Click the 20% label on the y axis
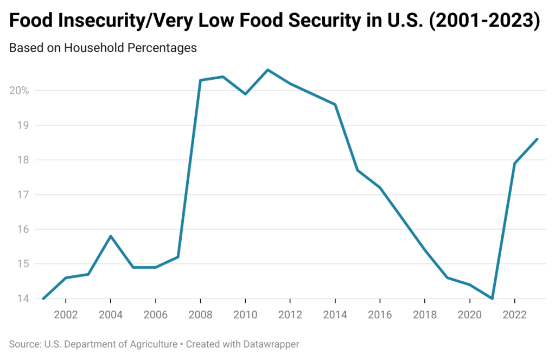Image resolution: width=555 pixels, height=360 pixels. point(20,90)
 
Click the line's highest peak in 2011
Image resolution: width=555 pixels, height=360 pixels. point(267,70)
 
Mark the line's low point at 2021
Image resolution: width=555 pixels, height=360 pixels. point(492,299)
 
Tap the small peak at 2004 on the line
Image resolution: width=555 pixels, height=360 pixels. point(111,236)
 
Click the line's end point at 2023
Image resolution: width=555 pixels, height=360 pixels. point(537,139)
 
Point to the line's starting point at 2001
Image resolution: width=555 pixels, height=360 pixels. point(43,299)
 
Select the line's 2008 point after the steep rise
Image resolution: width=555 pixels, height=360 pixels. point(200,80)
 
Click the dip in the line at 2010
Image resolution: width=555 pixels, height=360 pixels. point(245,94)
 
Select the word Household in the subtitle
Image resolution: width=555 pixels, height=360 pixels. point(94,48)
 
